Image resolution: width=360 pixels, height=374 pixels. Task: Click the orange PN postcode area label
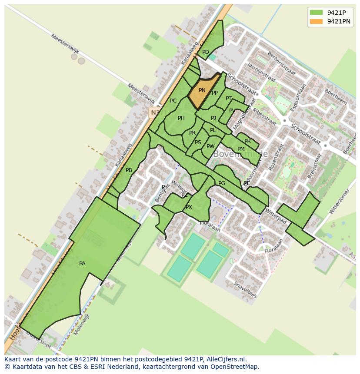202,90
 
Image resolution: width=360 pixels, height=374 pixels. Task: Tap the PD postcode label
206,52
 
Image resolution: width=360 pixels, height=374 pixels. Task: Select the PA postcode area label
82,264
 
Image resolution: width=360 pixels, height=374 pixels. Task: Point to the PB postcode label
129,170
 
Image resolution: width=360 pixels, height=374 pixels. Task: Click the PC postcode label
173,101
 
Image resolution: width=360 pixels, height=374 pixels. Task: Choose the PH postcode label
181,118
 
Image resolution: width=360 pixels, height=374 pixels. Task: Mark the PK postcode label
247,141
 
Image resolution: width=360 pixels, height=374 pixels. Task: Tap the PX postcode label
189,207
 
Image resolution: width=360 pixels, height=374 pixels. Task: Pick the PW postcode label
210,146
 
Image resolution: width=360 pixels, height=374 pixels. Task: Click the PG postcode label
222,183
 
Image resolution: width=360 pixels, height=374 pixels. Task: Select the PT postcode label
229,99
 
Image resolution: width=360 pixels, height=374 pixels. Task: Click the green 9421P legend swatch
316,13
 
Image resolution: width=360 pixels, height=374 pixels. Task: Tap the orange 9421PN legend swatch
316,21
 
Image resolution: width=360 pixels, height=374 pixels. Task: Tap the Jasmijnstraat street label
261,72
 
